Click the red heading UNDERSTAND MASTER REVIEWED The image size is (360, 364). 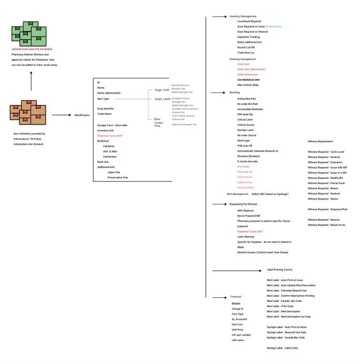click(x=32, y=49)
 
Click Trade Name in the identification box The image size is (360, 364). click(x=104, y=114)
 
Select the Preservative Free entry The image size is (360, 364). click(x=118, y=177)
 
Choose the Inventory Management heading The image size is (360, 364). click(x=243, y=17)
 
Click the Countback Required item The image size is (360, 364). click(x=249, y=21)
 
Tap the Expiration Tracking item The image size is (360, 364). click(x=248, y=37)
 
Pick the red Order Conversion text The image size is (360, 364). click(x=248, y=74)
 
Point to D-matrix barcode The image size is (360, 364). click(x=248, y=162)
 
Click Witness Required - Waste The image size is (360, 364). click(x=323, y=199)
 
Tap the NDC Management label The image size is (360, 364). click(x=237, y=194)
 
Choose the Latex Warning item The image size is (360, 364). click(x=246, y=237)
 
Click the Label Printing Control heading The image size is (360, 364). click(x=279, y=269)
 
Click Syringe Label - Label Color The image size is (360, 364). click(x=282, y=348)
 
